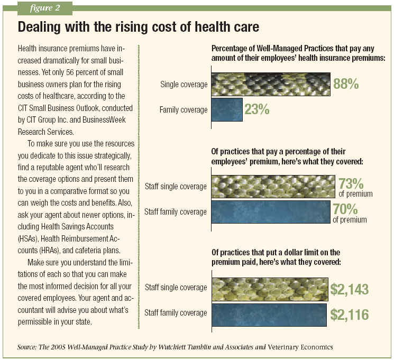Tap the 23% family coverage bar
[226, 110]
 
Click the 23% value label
[258, 110]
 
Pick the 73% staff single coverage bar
[273, 186]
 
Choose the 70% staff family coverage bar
[271, 211]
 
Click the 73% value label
[351, 184]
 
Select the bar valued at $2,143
[269, 288]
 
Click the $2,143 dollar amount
[350, 289]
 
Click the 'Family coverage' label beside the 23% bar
[183, 110]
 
